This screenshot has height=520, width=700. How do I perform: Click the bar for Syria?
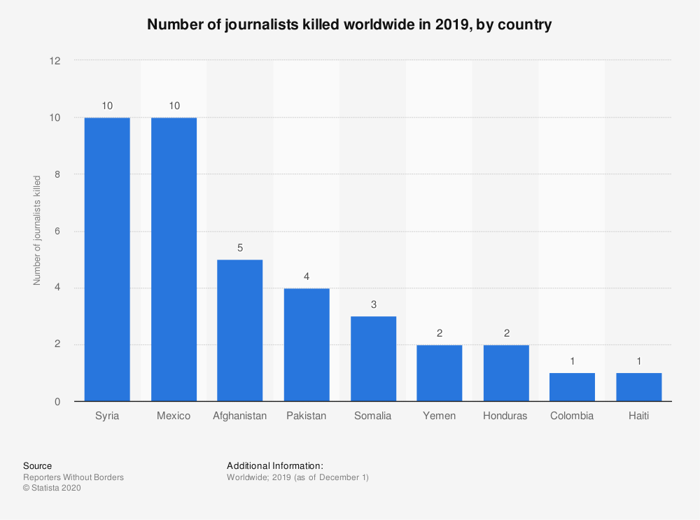[x=107, y=259]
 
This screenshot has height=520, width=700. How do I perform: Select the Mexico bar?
[x=174, y=259]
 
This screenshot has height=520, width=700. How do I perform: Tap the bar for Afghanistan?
[x=240, y=330]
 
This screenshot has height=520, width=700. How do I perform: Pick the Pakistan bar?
[x=307, y=344]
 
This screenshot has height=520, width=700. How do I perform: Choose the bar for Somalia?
[x=373, y=359]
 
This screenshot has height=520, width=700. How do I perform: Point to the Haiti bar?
[x=638, y=387]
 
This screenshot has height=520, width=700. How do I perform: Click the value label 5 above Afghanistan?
[x=240, y=248]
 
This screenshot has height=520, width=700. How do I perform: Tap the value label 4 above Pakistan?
[x=307, y=276]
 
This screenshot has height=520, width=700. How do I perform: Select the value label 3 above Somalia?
[x=373, y=304]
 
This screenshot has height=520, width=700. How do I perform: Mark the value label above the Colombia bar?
[x=572, y=361]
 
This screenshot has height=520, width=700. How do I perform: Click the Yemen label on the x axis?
[x=439, y=416]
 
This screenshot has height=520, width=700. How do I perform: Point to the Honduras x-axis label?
[x=505, y=416]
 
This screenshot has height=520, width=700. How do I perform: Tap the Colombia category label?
[x=572, y=416]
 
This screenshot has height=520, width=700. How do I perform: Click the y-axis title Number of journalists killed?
[x=36, y=231]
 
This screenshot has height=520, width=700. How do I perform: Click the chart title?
[x=349, y=25]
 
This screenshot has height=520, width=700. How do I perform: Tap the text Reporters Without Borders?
[x=73, y=477]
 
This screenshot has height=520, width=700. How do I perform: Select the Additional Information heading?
[x=275, y=465]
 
